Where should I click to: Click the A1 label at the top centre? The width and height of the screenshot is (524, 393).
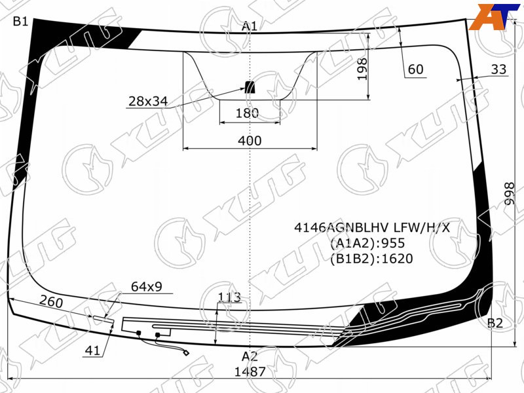tap(250, 26)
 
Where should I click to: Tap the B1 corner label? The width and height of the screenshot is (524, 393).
tap(20, 22)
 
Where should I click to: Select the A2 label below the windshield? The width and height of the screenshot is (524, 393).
tap(250, 356)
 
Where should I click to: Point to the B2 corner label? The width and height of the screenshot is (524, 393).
tap(495, 323)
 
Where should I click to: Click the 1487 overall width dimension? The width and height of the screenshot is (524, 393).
tap(250, 371)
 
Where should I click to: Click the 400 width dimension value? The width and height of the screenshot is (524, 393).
tap(250, 141)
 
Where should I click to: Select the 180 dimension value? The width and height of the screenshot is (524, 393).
tap(248, 113)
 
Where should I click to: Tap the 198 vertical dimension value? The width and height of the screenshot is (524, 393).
tap(362, 69)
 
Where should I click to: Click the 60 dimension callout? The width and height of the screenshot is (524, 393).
tap(416, 69)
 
